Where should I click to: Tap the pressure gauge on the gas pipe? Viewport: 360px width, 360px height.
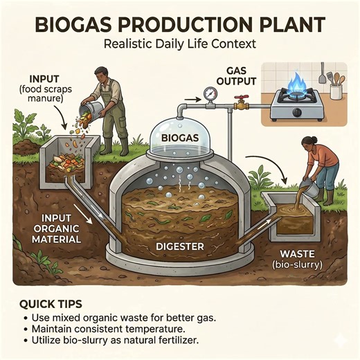pyautogui.click(x=208, y=93)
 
